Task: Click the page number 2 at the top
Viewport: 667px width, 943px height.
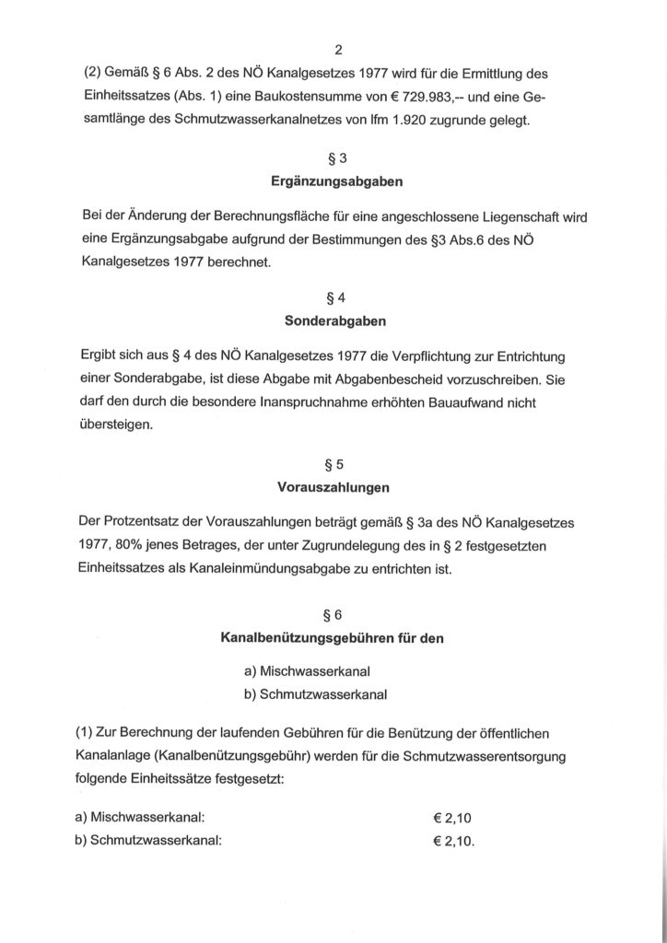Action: [x=334, y=52]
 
